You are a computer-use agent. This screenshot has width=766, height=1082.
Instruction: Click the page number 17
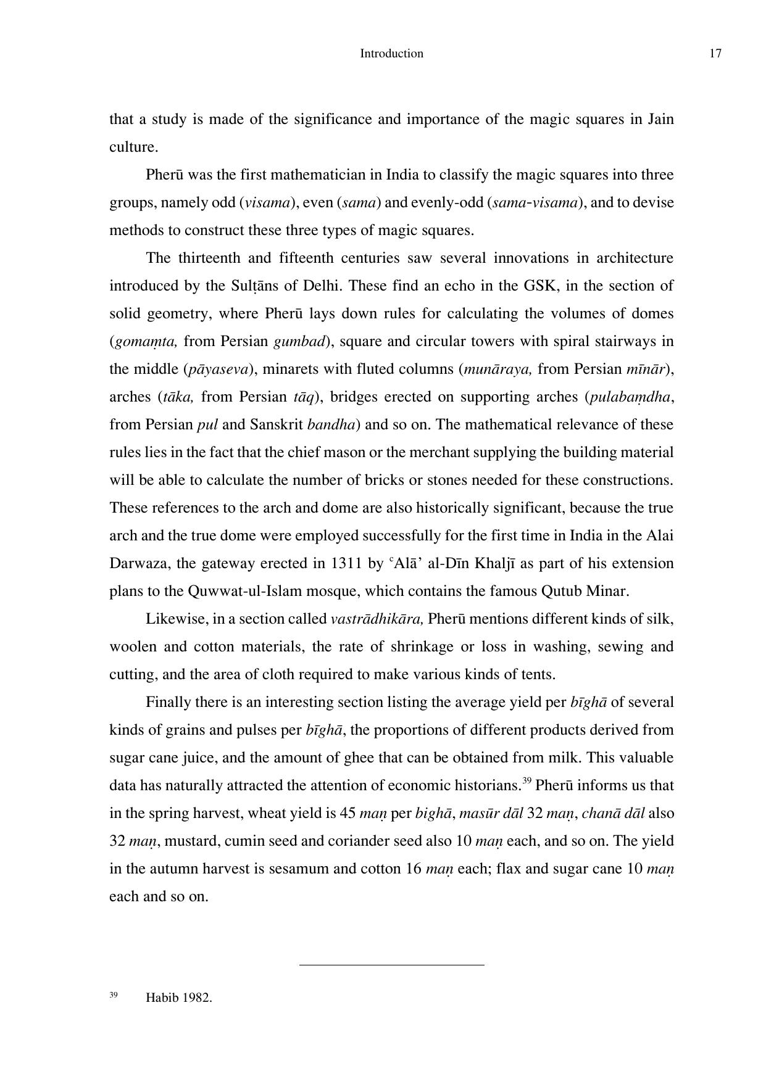coord(715,54)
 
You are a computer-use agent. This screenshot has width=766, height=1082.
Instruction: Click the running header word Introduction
coord(391,54)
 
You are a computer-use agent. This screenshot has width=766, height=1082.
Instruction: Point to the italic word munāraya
coord(497,370)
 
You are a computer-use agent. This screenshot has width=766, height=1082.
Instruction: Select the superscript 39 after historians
coord(527,782)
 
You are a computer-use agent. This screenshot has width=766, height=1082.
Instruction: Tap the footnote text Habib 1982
coord(178,998)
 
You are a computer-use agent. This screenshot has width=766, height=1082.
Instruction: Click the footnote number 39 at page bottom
coord(114,995)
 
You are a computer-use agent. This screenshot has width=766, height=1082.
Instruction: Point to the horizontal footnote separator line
coord(391,964)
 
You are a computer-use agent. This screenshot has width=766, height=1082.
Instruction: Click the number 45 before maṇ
coord(348,814)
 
